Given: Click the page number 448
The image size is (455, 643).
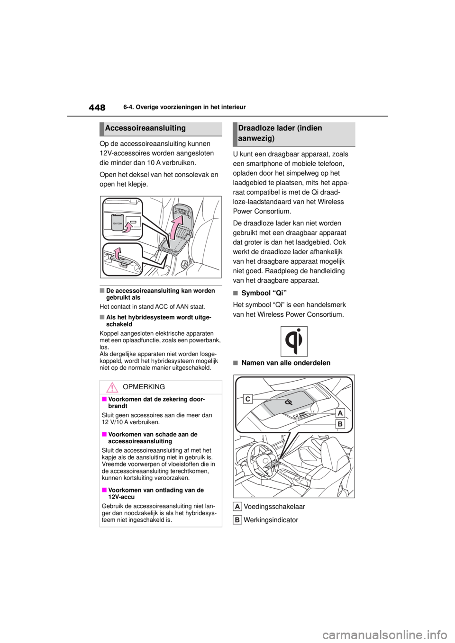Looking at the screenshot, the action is tap(97, 107).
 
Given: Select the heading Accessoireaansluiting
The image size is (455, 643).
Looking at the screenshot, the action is tap(146, 128).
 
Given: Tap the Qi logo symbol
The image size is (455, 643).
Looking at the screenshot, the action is tap(293, 341).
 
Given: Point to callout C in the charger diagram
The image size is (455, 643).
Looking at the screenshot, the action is tap(247, 399).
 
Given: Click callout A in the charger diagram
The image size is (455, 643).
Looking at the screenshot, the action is tap(340, 413).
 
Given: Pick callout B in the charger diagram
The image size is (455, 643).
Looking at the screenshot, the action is tap(340, 424).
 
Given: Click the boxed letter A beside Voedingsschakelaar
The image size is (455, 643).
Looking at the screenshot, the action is tap(237, 507).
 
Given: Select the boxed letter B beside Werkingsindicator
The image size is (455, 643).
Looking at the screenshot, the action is tap(237, 520).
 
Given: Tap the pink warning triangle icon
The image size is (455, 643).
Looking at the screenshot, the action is tap(112, 387).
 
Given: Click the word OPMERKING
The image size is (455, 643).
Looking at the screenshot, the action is tap(144, 387).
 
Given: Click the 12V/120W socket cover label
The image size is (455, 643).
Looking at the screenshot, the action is tap(118, 223).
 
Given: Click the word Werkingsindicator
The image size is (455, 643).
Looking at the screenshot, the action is tap(271, 520).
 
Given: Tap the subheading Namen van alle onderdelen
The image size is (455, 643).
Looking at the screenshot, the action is tap(286, 363).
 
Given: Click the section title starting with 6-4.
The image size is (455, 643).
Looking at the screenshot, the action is tap(185, 107).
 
